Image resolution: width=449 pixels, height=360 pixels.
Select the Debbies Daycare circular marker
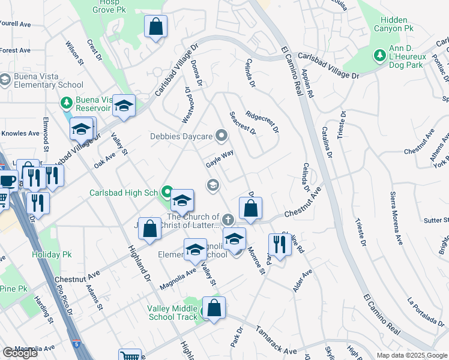click(221, 136)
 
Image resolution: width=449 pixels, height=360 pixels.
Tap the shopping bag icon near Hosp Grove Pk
click(155, 27)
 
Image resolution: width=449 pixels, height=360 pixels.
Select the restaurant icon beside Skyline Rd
click(279, 244)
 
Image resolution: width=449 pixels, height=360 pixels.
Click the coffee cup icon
click(7, 180)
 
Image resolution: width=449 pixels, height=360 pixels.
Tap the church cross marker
click(228, 220)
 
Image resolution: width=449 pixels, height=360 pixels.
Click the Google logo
click(20, 353)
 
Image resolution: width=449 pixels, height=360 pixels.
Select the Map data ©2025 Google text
click(412, 355)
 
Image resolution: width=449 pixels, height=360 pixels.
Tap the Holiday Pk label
click(47, 254)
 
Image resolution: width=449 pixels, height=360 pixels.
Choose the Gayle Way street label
click(220, 158)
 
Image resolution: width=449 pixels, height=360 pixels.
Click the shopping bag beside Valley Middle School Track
click(214, 308)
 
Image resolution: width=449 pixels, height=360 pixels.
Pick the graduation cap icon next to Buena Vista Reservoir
click(124, 106)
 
